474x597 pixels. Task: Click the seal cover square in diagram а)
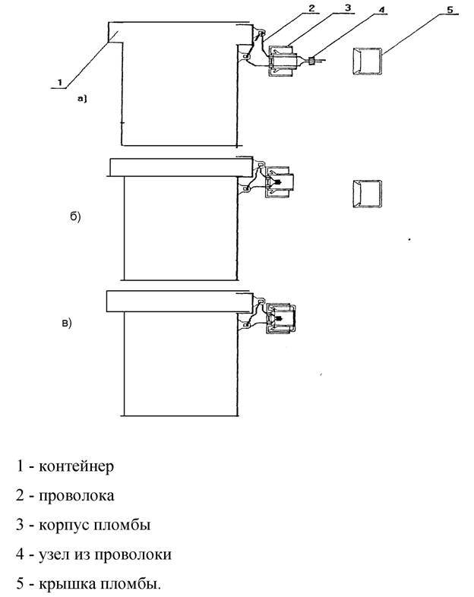tap(367, 61)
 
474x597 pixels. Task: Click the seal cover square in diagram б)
tap(366, 194)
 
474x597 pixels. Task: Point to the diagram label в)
tap(67, 324)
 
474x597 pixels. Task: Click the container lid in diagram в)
tap(179, 301)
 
